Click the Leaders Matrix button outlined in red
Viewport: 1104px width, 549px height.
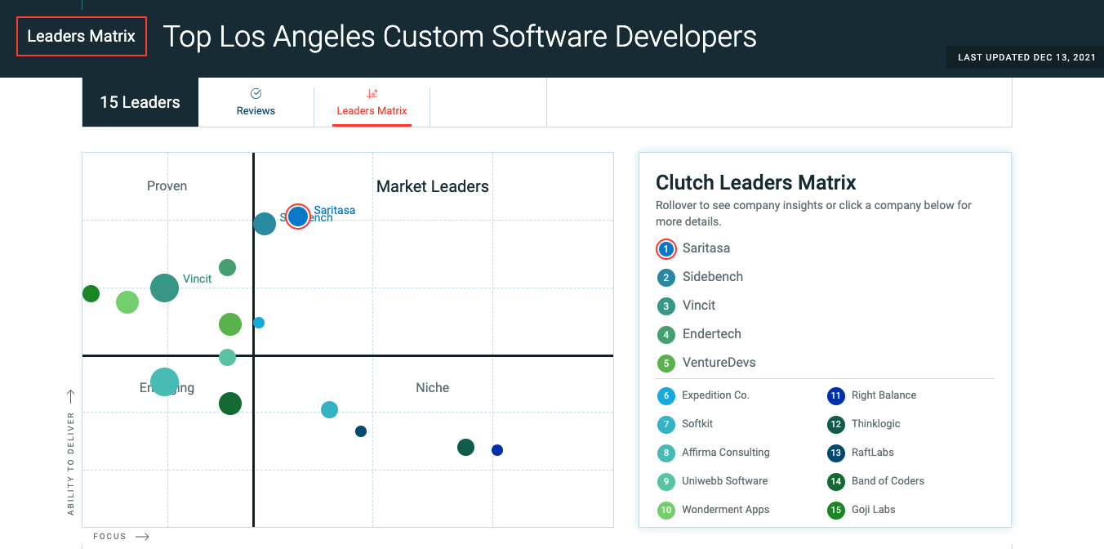82,37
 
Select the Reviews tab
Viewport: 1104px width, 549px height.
256,103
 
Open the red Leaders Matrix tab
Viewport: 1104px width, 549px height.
372,103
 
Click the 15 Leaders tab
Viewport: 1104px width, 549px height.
140,102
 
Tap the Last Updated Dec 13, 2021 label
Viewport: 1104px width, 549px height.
1026,58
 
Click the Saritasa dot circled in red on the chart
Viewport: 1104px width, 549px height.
298,216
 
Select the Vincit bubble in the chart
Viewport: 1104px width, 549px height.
165,288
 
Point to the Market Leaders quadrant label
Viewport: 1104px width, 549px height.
432,187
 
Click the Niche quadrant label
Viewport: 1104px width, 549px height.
432,388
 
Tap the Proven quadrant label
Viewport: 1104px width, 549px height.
167,186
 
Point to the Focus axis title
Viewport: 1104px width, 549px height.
110,537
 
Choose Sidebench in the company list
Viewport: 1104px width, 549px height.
712,277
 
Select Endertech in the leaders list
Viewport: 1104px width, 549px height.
711,334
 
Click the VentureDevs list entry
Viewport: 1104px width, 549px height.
719,363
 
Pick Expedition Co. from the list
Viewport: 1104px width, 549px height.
715,395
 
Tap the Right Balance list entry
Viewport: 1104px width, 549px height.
884,395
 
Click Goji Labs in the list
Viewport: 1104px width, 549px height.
873,510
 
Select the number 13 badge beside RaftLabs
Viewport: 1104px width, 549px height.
835,453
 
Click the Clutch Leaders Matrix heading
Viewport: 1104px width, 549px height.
755,183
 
